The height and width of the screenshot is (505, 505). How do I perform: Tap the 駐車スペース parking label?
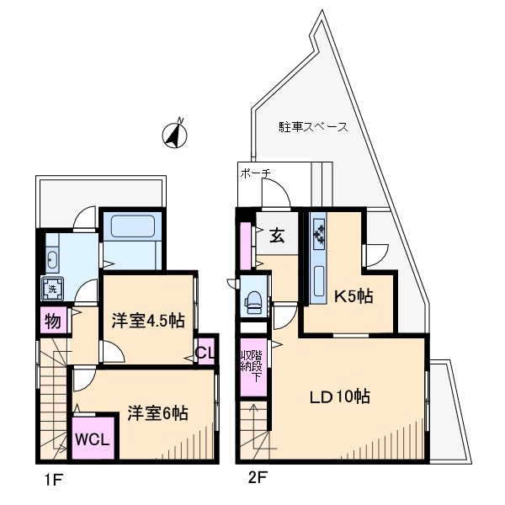[x=313, y=128]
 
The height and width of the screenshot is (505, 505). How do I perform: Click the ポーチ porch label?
[x=255, y=173]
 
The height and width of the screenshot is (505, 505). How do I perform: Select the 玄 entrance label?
[x=277, y=236]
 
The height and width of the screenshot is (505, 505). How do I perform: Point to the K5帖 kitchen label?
[x=354, y=296]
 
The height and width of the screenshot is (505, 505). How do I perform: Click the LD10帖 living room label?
[x=338, y=396]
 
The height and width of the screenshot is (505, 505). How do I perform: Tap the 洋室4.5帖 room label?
[x=148, y=320]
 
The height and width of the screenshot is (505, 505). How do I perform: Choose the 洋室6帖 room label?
[x=157, y=413]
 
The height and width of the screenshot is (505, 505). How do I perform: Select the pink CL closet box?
[x=204, y=353]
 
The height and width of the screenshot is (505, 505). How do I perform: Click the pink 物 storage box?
[x=50, y=321]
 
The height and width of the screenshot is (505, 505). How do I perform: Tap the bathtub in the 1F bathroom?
[x=130, y=228]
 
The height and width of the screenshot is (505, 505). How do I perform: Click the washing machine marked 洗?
[x=51, y=289]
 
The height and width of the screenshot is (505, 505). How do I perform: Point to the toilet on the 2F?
[x=252, y=301]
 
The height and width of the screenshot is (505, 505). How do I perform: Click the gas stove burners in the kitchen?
[x=320, y=235]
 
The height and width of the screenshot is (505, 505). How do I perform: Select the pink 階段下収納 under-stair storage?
[x=252, y=369]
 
